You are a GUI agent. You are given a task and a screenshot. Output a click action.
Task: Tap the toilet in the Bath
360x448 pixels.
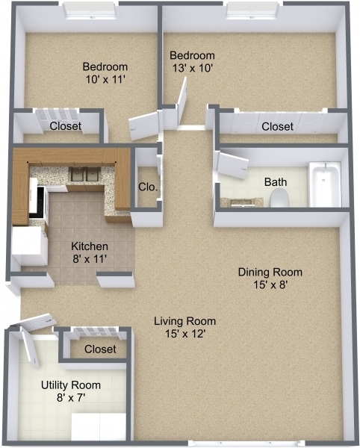(x=279, y=198)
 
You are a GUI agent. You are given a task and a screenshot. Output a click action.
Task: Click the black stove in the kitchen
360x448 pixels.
(x=35, y=202)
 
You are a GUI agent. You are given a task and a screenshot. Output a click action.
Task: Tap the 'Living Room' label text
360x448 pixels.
(x=179, y=321)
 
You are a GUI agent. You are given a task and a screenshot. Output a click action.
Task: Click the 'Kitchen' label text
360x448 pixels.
(x=90, y=246)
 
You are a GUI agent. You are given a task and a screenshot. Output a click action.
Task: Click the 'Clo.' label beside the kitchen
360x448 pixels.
(x=147, y=187)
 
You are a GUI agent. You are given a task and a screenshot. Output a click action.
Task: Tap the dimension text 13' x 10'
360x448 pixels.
(x=192, y=69)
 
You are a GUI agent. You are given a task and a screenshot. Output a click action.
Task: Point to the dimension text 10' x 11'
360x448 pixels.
(x=105, y=78)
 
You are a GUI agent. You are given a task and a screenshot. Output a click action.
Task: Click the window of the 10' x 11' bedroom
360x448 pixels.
(x=90, y=10)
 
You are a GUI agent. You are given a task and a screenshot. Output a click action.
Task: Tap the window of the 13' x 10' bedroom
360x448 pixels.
(x=254, y=10)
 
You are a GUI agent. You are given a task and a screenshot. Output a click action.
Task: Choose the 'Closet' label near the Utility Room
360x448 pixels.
(x=99, y=349)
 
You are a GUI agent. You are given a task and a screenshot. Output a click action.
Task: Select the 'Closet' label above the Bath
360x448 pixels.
(x=277, y=127)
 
